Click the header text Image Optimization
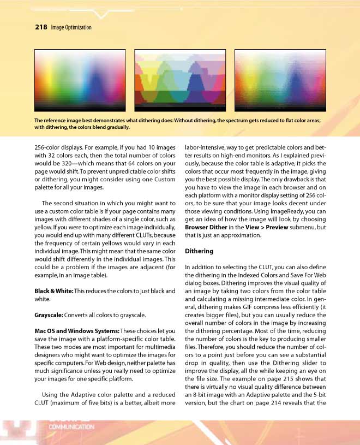[x=70, y=27]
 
